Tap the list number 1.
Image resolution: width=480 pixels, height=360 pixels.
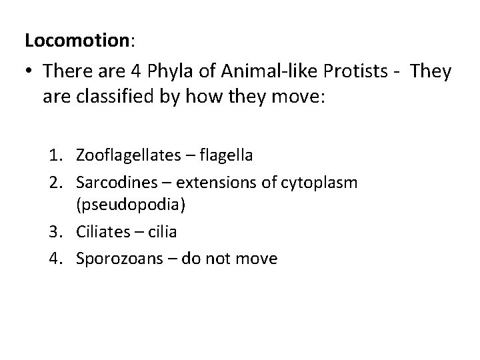(53, 155)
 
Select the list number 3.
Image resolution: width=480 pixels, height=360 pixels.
(53, 232)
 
